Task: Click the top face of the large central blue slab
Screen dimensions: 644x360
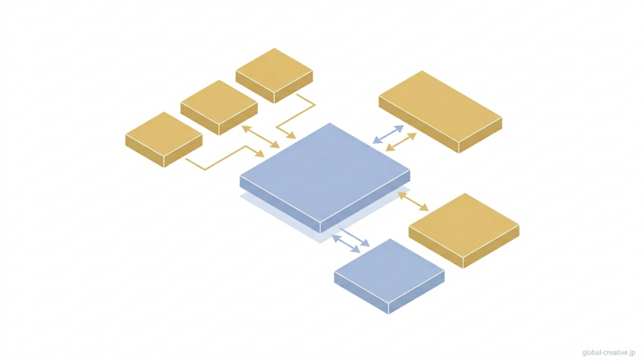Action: click(x=325, y=172)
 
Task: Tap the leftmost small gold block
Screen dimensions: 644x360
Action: click(x=164, y=139)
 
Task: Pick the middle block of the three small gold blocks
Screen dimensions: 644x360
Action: click(x=219, y=107)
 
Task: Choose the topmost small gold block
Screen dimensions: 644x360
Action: click(x=274, y=76)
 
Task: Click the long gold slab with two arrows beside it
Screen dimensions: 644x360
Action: click(x=440, y=111)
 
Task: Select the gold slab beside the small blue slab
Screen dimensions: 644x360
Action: click(x=464, y=230)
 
